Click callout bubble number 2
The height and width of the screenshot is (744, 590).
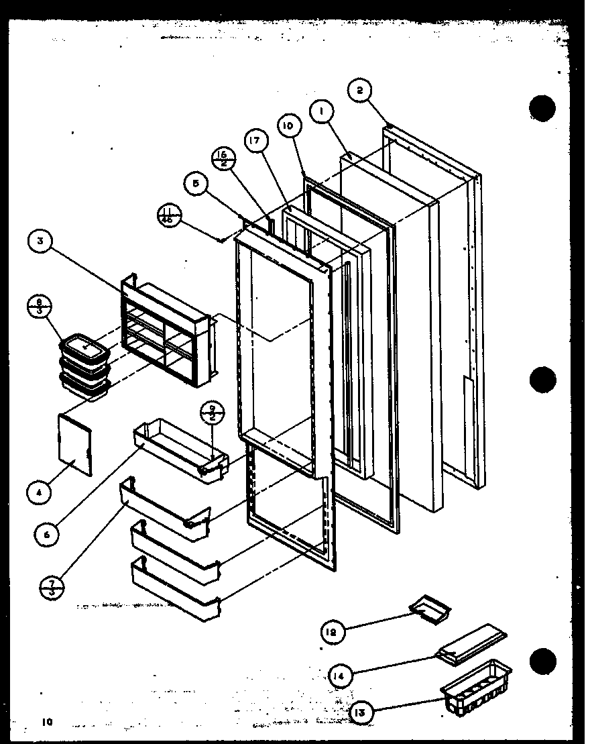(x=360, y=91)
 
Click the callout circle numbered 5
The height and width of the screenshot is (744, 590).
(x=195, y=184)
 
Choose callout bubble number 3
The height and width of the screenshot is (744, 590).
(x=42, y=242)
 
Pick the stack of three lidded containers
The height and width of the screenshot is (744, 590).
(x=84, y=368)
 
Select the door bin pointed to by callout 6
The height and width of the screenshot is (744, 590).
(x=180, y=443)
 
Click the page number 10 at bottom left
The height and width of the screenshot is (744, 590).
(x=46, y=723)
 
